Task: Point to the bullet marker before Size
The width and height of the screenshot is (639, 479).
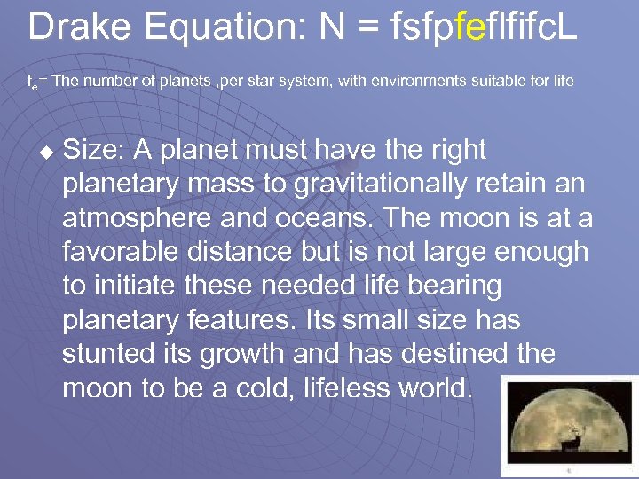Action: point(47,152)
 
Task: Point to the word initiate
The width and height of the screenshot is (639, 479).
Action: point(143,287)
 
